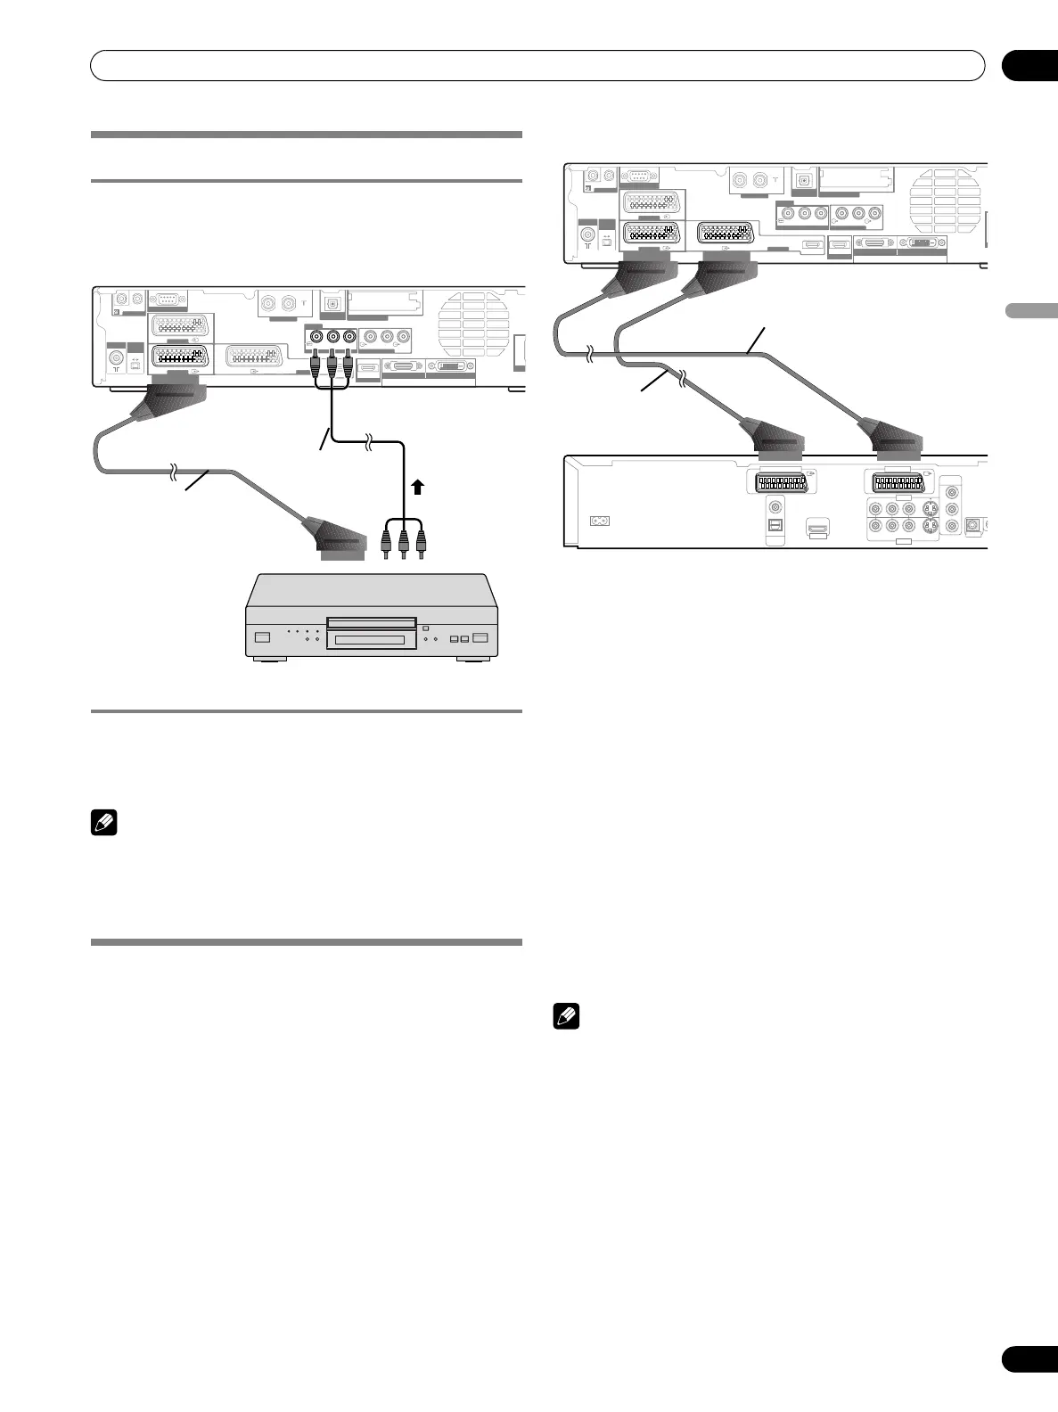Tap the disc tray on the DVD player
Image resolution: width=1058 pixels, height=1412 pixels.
coord(371,622)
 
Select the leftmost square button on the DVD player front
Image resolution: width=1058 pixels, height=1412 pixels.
coord(262,637)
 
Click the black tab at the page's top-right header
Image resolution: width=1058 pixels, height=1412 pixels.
coord(1029,66)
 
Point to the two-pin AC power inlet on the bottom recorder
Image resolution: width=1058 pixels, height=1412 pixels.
coord(600,521)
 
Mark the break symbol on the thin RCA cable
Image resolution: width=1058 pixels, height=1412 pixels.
coord(368,439)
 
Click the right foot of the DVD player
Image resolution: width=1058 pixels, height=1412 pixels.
coord(474,660)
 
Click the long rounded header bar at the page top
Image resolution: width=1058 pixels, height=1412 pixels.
coord(537,66)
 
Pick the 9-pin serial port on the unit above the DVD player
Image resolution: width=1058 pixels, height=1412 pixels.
coord(167,300)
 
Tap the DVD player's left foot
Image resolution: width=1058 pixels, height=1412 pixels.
coord(268,660)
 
